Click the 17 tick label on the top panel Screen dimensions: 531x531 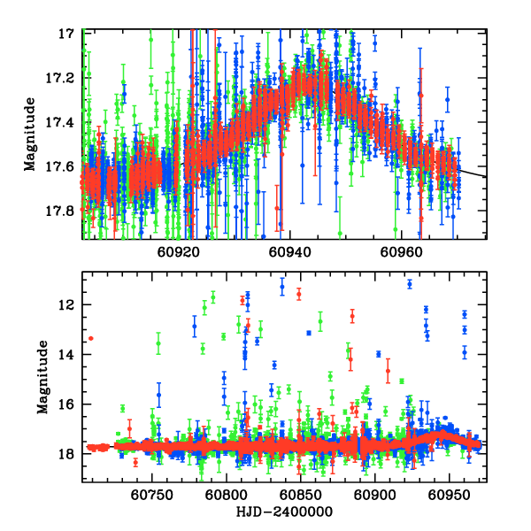(x=66, y=34)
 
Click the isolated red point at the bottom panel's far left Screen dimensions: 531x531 (x=90, y=338)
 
